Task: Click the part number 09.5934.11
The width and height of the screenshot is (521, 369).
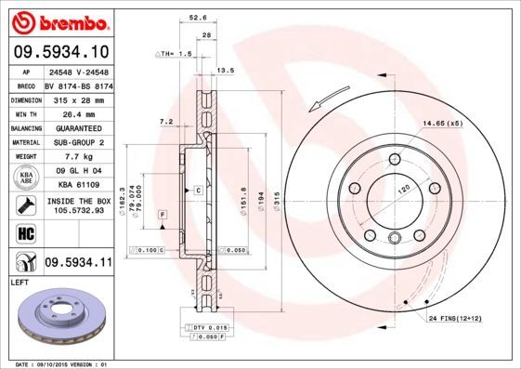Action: tap(79, 263)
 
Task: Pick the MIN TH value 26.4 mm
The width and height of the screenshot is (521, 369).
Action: tap(78, 112)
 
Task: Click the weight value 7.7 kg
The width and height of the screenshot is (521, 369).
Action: tap(78, 157)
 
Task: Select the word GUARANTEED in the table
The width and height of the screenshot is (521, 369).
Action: tap(78, 127)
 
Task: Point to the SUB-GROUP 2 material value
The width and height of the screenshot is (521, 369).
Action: tap(78, 142)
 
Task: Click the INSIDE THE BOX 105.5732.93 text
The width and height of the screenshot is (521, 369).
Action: tap(78, 205)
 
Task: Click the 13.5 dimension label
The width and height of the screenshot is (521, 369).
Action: tap(224, 70)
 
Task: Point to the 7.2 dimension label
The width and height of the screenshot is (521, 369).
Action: tap(166, 122)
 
